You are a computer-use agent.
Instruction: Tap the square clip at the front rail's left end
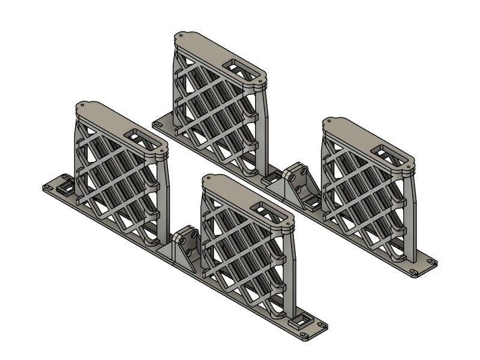(64, 188)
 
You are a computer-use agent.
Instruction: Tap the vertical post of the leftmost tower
(164, 198)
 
